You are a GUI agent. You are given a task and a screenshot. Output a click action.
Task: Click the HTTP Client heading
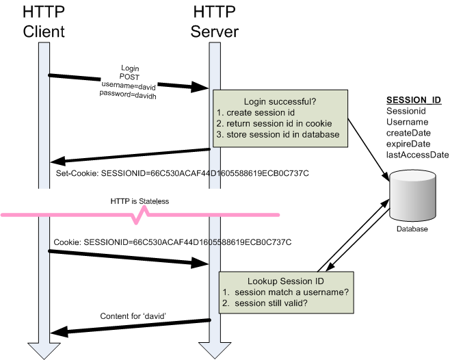click(x=44, y=22)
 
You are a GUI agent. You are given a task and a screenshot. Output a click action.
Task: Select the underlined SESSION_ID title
click(x=414, y=100)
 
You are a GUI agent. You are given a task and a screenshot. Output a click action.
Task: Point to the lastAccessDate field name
click(x=417, y=155)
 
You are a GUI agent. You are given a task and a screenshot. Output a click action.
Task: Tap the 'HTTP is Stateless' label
click(x=139, y=202)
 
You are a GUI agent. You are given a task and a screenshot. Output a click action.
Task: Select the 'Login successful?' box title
click(x=280, y=101)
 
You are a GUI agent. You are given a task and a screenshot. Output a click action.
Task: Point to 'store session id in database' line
click(x=282, y=134)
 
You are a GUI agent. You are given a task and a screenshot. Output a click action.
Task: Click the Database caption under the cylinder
click(x=412, y=229)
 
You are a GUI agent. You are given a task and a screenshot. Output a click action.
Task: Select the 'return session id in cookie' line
click(x=279, y=123)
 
